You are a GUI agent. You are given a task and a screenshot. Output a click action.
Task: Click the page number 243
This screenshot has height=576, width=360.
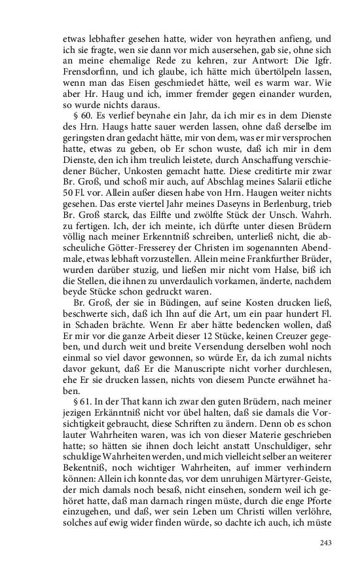pos(327,543)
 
